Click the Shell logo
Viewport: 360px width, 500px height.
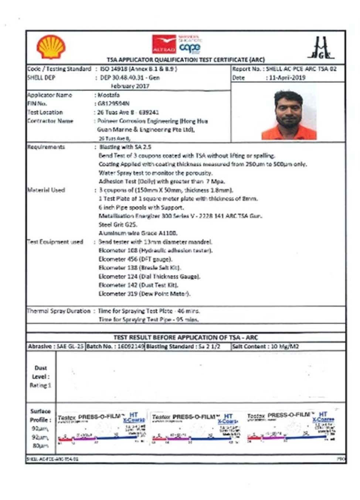coord(51,47)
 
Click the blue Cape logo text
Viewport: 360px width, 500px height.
coord(190,47)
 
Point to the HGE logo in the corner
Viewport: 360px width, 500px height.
coord(320,48)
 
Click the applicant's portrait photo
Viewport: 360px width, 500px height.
coord(289,115)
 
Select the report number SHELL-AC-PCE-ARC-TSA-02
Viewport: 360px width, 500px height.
coord(301,69)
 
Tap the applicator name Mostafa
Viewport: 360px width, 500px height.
coord(109,95)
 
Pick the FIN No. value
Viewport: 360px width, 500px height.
coord(113,103)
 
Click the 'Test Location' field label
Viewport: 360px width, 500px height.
coord(45,112)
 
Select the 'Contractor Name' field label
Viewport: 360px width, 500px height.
coord(50,121)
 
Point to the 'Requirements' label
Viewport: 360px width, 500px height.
coord(46,147)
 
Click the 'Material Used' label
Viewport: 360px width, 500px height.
coord(46,190)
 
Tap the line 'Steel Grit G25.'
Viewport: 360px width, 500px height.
coord(118,225)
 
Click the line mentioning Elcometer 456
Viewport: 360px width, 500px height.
coord(135,259)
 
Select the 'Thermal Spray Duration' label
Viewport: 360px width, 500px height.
coord(59,311)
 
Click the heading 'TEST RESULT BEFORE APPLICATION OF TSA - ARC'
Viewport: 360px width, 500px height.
coord(186,337)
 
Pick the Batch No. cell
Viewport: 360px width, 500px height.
coord(115,347)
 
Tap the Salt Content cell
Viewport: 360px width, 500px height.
coord(265,347)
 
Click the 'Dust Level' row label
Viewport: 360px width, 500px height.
coord(41,377)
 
